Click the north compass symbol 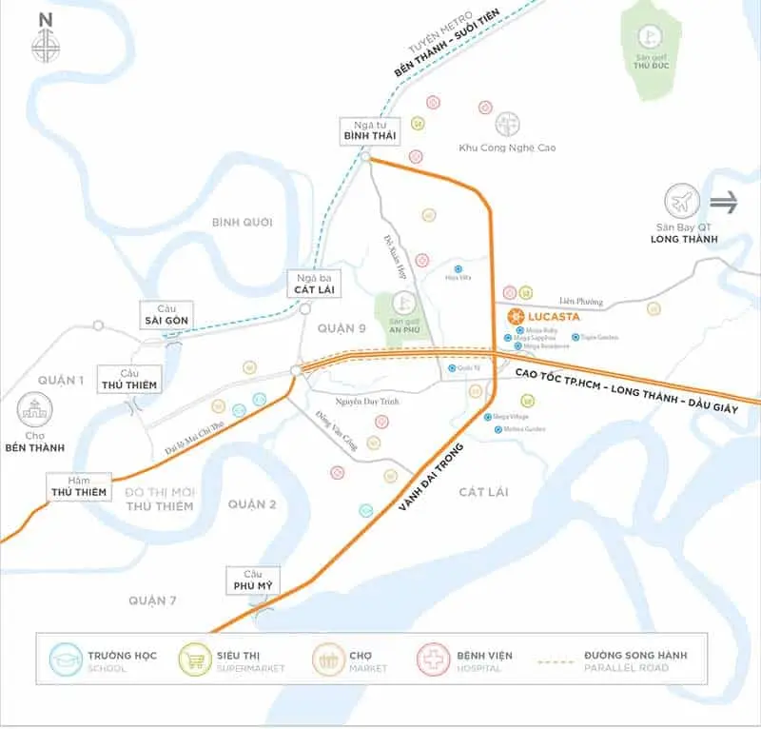click(45, 44)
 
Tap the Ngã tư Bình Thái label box click(369, 131)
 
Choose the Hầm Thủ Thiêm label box click(85, 485)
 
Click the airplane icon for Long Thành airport click(682, 202)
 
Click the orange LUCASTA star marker click(515, 316)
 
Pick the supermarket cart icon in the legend click(197, 660)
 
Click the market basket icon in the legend click(329, 660)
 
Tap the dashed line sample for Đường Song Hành click(560, 660)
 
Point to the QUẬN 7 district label click(155, 601)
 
